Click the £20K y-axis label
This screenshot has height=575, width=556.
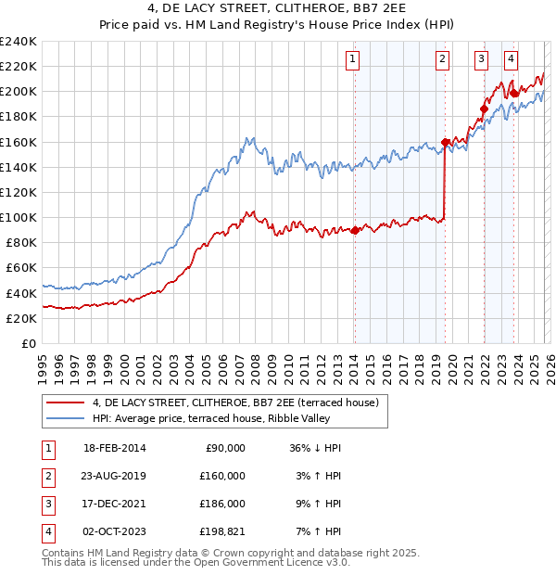pyautogui.click(x=20, y=318)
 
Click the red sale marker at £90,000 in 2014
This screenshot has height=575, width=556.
pyautogui.click(x=355, y=230)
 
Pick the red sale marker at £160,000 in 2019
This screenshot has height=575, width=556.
pyautogui.click(x=445, y=142)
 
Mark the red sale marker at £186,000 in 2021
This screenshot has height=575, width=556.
pyautogui.click(x=483, y=109)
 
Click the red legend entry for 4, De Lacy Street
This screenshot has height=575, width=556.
pyautogui.click(x=235, y=402)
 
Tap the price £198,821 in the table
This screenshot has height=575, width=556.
pyautogui.click(x=222, y=531)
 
